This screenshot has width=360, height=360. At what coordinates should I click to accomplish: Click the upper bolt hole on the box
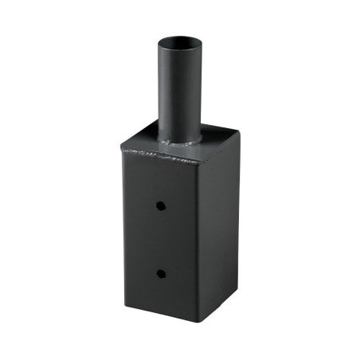tap(161, 205)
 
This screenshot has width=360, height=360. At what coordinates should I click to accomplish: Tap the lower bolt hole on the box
tap(161, 274)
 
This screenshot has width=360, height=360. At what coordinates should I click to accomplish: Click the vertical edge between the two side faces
tap(198, 239)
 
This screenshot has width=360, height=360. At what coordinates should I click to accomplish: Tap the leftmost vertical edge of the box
tap(123, 223)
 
